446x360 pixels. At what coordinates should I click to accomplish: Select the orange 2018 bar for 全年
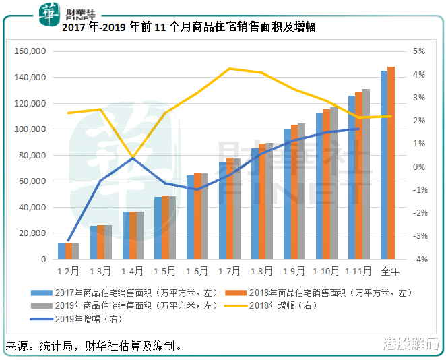click(x=391, y=162)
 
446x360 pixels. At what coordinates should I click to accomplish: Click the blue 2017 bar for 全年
click(x=384, y=164)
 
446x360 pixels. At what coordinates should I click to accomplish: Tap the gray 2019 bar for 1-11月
click(x=366, y=174)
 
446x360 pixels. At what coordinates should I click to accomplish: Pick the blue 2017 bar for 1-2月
click(x=61, y=251)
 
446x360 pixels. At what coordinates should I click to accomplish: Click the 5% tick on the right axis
click(x=418, y=51)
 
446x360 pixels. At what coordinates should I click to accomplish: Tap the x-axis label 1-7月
click(x=230, y=272)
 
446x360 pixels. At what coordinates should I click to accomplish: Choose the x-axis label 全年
click(x=390, y=272)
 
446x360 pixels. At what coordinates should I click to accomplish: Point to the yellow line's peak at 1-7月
click(x=230, y=69)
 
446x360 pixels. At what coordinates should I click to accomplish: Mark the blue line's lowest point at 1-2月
click(x=69, y=240)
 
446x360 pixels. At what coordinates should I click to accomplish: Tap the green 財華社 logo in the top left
click(x=49, y=13)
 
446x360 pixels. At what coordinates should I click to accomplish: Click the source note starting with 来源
click(x=94, y=347)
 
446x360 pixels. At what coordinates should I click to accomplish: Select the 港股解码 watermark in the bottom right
click(x=410, y=344)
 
